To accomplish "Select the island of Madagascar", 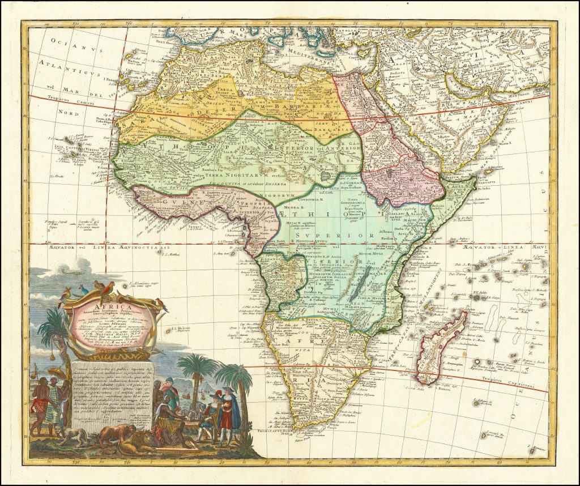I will pyautogui.click(x=441, y=346).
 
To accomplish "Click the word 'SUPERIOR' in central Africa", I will pyautogui.click(x=317, y=232).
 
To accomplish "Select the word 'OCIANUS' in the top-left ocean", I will pyautogui.click(x=63, y=41).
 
